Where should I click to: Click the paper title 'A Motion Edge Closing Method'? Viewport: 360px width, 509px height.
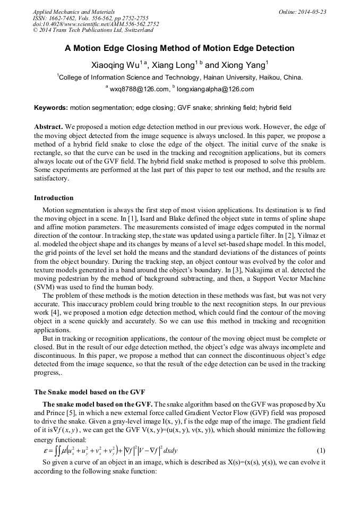[179, 48]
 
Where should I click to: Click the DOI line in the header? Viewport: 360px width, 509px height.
[96, 24]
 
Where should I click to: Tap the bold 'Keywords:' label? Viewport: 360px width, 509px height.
[50, 108]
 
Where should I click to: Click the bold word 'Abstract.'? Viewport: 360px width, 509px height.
[49, 127]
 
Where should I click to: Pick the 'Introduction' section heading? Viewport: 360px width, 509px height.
[54, 198]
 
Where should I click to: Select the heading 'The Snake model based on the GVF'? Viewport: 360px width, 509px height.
[89, 392]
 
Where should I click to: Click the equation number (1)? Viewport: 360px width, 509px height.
[321, 451]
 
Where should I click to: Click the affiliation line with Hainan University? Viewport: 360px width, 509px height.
[179, 77]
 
